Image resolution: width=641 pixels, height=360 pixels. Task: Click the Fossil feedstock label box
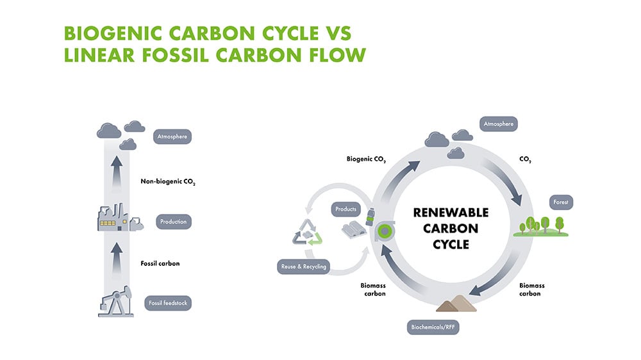pos(168,303)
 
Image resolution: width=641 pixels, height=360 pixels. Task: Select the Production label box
pos(174,222)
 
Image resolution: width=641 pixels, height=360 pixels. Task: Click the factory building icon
pos(115,218)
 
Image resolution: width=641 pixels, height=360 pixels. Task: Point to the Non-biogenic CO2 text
pos(168,181)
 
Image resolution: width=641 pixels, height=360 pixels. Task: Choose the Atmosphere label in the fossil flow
pos(173,136)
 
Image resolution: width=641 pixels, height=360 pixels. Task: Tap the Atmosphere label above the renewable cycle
pos(498,123)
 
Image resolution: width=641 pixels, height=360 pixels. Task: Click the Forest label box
pos(560,202)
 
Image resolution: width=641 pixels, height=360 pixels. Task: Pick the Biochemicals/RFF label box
pos(433,329)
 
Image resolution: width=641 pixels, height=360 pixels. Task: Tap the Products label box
pos(345,209)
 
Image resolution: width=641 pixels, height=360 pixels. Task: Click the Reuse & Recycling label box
pos(303,266)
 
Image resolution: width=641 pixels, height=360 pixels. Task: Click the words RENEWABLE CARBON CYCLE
pos(451,228)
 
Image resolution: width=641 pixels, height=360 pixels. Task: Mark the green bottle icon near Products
pos(370,215)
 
